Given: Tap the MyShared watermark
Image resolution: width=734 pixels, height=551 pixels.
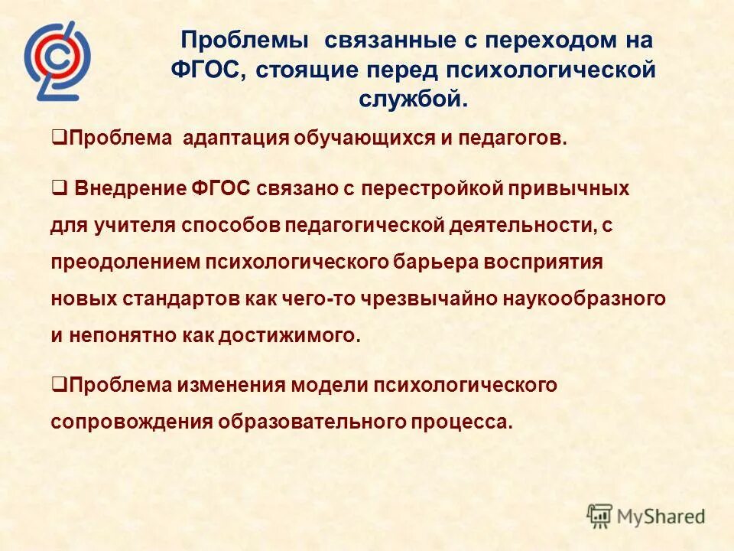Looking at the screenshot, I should tap(646, 516).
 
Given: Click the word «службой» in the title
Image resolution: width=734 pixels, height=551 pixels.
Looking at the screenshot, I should tap(413, 99).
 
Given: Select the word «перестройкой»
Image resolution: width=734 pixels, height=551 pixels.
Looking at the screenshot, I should tap(448, 189).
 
